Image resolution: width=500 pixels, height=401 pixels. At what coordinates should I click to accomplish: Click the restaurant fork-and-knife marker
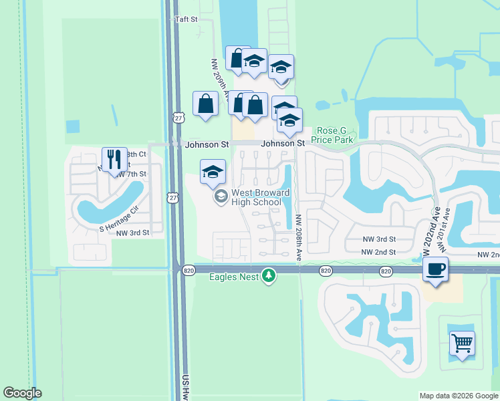click(114, 159)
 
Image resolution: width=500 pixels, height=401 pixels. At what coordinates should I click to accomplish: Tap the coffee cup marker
click(435, 269)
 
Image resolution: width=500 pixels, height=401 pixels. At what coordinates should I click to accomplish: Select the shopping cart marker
click(462, 343)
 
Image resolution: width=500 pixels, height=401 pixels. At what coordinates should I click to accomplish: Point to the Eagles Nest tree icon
click(269, 276)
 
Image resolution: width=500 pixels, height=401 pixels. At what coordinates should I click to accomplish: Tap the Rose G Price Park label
click(334, 136)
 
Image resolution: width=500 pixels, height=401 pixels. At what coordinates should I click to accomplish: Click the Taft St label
click(186, 20)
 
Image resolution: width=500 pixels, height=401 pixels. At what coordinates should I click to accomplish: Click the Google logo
click(22, 393)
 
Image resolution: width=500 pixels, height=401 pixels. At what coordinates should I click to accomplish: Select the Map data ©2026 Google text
click(458, 396)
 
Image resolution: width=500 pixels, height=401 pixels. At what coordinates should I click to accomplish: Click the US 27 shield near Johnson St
click(177, 118)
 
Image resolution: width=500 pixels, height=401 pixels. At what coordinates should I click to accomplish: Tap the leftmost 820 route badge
click(188, 271)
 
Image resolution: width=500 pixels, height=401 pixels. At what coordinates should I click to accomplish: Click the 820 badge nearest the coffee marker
click(386, 271)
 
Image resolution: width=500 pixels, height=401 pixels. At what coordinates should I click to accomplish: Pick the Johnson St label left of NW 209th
click(207, 144)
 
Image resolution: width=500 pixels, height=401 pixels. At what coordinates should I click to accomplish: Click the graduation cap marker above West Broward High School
click(213, 171)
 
